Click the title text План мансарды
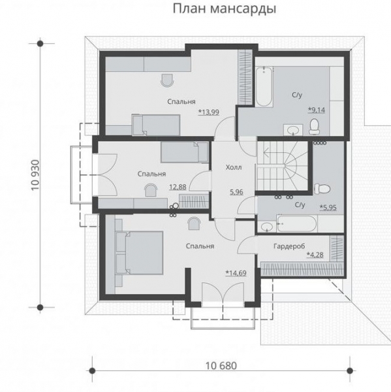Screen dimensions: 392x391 point(224,10)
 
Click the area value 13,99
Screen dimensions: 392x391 point(209,112)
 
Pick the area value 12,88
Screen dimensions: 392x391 point(178,186)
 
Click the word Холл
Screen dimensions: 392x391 point(233,167)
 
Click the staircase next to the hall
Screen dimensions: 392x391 point(281,166)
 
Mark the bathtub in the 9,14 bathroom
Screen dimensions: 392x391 point(263,85)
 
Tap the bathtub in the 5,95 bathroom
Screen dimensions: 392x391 point(297,223)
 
